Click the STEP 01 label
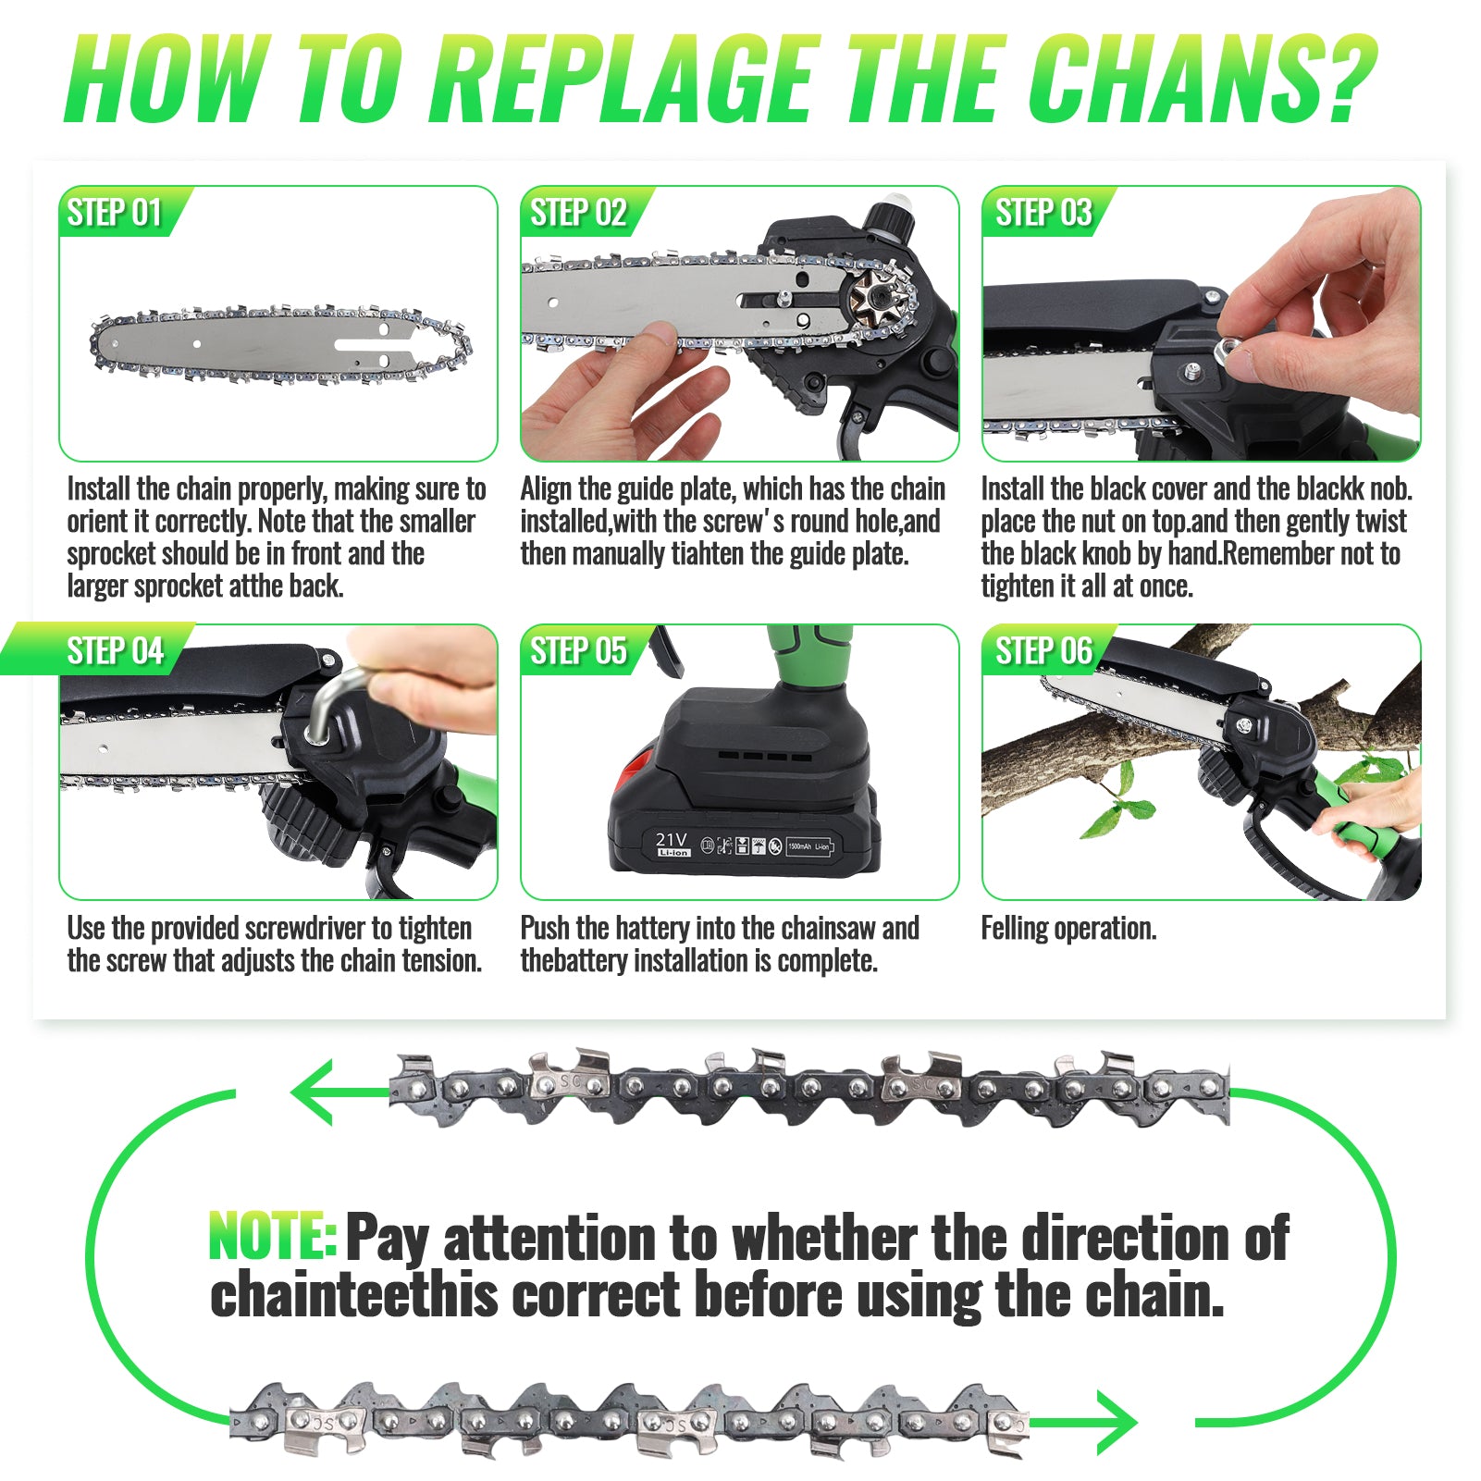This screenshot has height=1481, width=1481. [x=115, y=213]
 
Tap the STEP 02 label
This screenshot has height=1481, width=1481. [x=579, y=213]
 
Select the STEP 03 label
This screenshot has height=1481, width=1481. [x=1043, y=213]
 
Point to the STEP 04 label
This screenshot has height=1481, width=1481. [x=115, y=651]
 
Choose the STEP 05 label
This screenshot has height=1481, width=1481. [x=579, y=651]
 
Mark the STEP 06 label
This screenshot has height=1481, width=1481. [x=1043, y=651]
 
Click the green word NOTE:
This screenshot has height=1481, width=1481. [x=273, y=1236]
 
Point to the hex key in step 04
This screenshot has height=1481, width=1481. [x=326, y=703]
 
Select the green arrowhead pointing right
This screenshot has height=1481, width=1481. [x=1114, y=1423]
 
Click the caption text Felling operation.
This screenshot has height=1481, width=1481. [x=1068, y=929]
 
